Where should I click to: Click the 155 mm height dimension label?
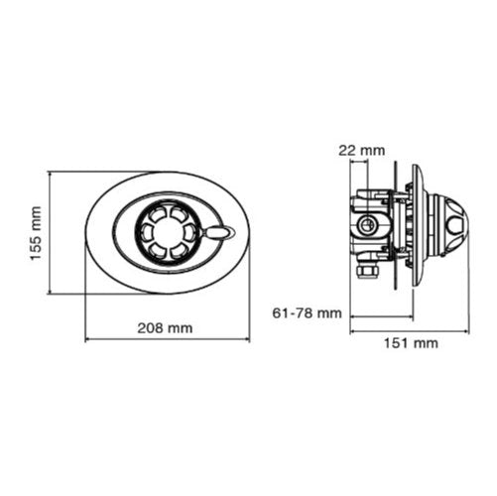[x=36, y=233]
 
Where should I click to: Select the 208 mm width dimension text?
[x=165, y=328]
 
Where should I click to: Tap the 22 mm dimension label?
[x=362, y=151]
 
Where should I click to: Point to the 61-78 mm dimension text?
[x=307, y=312]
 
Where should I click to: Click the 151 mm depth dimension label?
[x=411, y=343]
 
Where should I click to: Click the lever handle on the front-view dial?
[x=217, y=232]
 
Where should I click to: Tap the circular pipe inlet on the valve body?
[x=367, y=226]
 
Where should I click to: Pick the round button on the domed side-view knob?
[x=456, y=225]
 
